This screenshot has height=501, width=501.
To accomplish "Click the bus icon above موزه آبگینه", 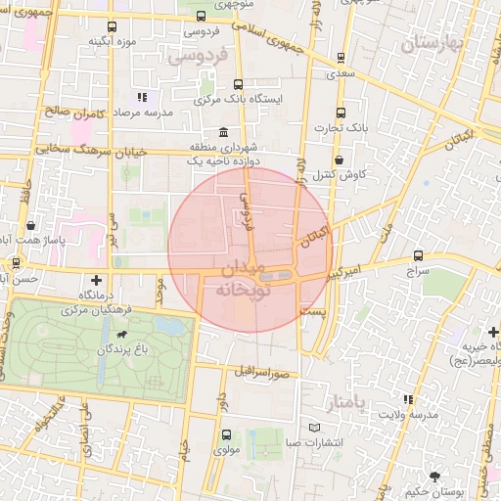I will [111, 26].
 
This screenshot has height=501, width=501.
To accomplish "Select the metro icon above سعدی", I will [340, 57].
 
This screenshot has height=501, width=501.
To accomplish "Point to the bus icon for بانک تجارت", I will [340, 112].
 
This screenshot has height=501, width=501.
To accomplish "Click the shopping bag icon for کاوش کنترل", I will [339, 159].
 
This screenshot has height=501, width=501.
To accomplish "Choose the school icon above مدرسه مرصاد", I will [142, 97].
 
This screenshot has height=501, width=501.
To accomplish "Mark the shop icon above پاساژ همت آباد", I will [29, 224].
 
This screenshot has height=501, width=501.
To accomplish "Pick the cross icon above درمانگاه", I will [94, 280].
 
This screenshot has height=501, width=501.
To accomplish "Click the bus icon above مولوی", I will [227, 434].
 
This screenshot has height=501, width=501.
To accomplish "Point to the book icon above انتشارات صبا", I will [313, 428].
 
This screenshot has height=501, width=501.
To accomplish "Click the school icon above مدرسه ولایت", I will [408, 400].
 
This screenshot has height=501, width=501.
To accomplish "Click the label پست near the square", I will [312, 310].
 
